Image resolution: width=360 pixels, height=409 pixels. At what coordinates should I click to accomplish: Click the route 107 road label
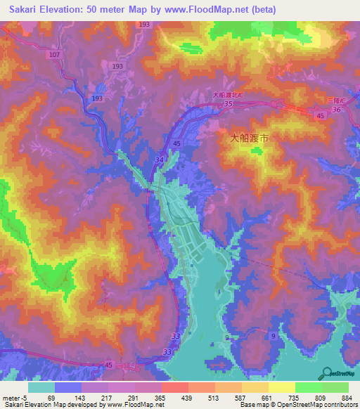55,54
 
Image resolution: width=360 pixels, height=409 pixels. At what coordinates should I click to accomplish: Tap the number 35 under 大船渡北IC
229,103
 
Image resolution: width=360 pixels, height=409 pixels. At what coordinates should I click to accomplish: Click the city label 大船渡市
249,138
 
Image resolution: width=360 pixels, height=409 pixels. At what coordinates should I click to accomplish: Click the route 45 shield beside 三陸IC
320,115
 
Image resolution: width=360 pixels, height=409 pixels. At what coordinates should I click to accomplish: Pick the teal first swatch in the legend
41,387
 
